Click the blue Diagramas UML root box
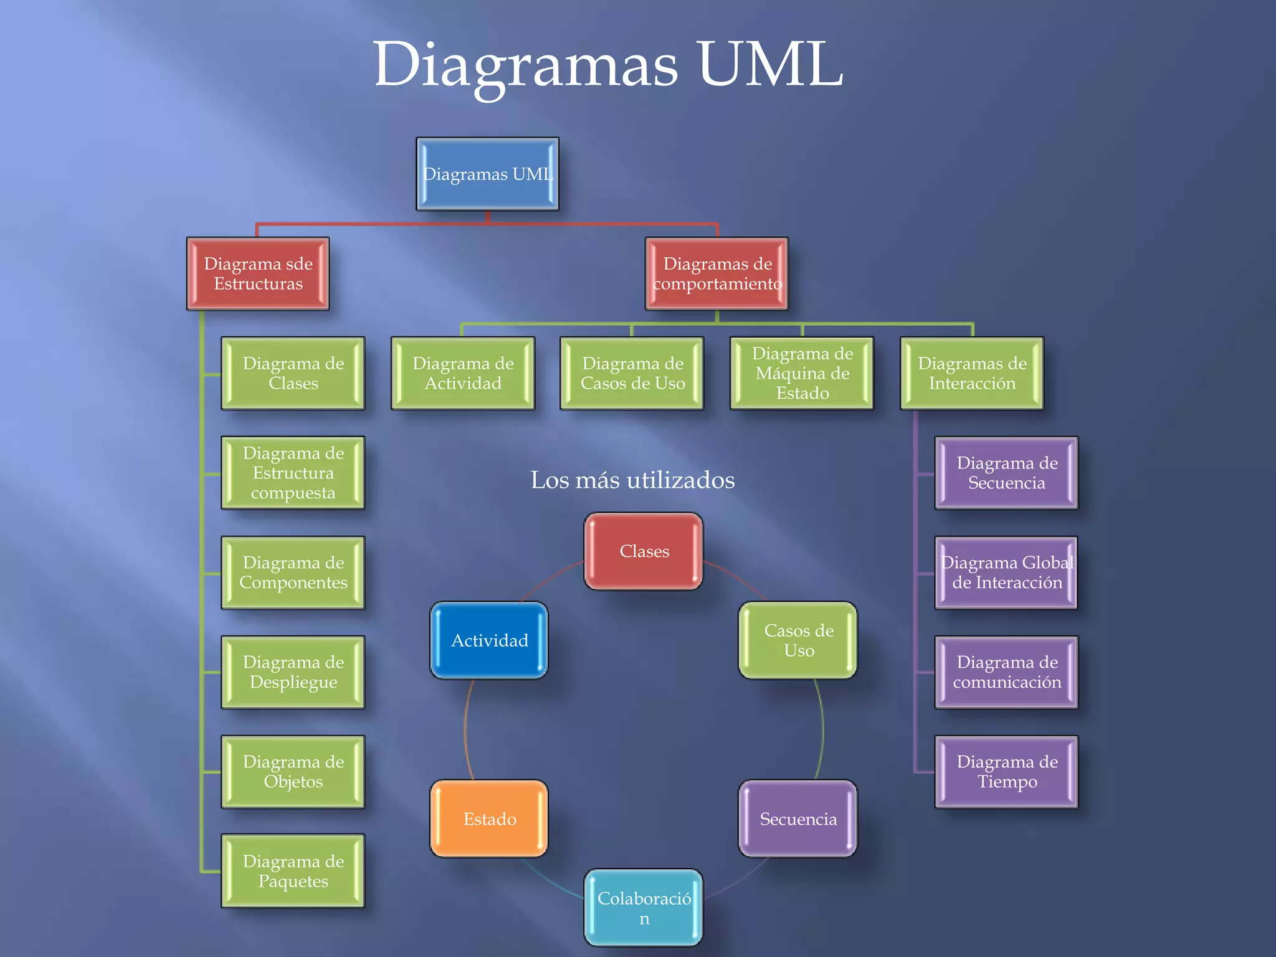487,174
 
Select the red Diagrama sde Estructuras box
258,274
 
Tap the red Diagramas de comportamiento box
717,274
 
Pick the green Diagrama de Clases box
293,373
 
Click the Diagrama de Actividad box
463,373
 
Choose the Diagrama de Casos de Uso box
632,373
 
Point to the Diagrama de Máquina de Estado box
802,373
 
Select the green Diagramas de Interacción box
972,373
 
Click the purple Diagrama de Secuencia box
1006,473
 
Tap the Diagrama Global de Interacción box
1006,573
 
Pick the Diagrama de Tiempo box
1006,772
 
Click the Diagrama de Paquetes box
293,871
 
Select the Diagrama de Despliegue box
293,672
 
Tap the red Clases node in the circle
644,551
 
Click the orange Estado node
489,819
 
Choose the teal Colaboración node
644,908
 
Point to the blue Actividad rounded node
489,640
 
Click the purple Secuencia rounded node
798,819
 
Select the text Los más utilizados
632,480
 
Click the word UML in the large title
770,65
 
